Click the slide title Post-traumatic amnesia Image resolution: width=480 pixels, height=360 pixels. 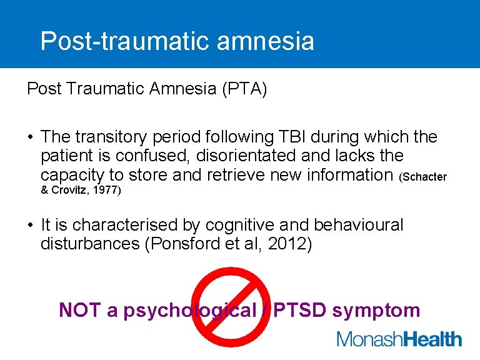(177, 41)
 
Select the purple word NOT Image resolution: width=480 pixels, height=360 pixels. (80, 310)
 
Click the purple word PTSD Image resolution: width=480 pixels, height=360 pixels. (300, 310)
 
